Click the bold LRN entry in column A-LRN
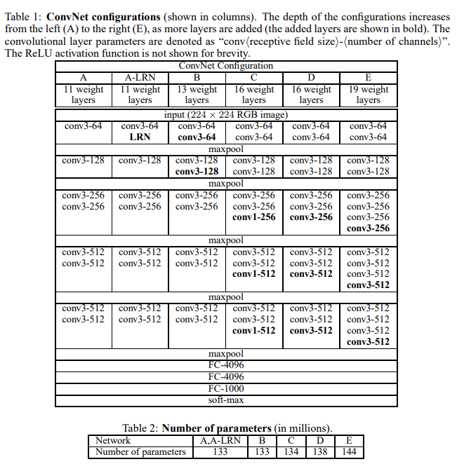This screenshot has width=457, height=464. pyautogui.click(x=140, y=137)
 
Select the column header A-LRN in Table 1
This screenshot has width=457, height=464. pyautogui.click(x=140, y=78)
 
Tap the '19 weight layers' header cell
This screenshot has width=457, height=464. pyautogui.click(x=368, y=95)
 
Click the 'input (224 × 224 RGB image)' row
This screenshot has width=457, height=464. pyautogui.click(x=225, y=115)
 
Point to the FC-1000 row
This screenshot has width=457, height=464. pyautogui.click(x=225, y=388)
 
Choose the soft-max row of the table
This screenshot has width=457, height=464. pyautogui.click(x=225, y=400)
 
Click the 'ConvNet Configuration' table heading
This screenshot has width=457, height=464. pyautogui.click(x=225, y=66)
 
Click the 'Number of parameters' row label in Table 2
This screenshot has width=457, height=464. pyautogui.click(x=140, y=452)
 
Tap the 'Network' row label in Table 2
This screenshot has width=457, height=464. pyautogui.click(x=113, y=441)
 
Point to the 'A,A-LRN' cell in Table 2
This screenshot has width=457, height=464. pyautogui.click(x=220, y=441)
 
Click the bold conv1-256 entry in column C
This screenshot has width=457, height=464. pyautogui.click(x=254, y=217)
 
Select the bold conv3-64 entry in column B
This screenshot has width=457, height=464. pyautogui.click(x=197, y=137)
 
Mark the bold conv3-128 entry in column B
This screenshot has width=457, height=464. pyautogui.click(x=197, y=172)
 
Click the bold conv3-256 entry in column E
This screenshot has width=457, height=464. pyautogui.click(x=368, y=228)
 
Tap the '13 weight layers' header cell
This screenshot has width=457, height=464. pyautogui.click(x=197, y=95)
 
